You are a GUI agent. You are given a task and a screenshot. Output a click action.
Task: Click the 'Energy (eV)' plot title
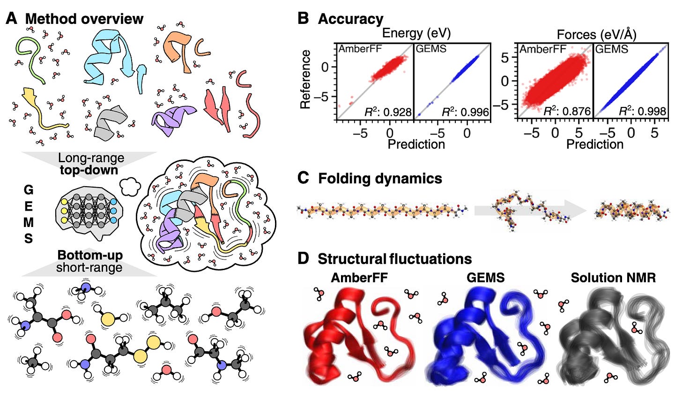(x=412, y=34)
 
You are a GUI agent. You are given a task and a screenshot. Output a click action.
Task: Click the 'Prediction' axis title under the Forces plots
(x=595, y=144)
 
